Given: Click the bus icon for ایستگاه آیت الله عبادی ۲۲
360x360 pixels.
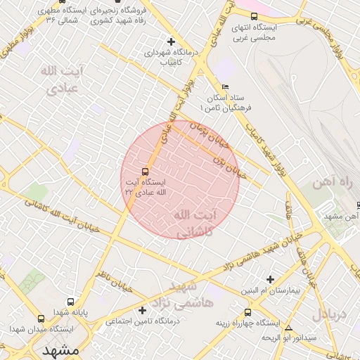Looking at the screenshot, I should coord(146,172).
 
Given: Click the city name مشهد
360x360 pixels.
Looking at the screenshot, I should coord(60,349).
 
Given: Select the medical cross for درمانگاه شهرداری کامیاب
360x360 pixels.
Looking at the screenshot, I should coord(172,41).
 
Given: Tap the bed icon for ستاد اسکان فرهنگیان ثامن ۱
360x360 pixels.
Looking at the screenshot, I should coord(225,87).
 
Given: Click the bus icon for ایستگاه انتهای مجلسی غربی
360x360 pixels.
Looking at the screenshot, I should coord(254,16).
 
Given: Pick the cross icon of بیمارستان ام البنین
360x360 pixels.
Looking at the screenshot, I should coord(269,279).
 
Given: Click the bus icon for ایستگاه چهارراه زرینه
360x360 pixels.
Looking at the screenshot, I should coord(247,313).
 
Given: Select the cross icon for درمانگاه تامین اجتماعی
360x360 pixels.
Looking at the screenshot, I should coord(143,310).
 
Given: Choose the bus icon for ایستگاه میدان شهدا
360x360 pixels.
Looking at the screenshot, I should coord(15,329).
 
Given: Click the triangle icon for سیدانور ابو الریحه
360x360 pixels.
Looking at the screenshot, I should coord(288,328).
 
